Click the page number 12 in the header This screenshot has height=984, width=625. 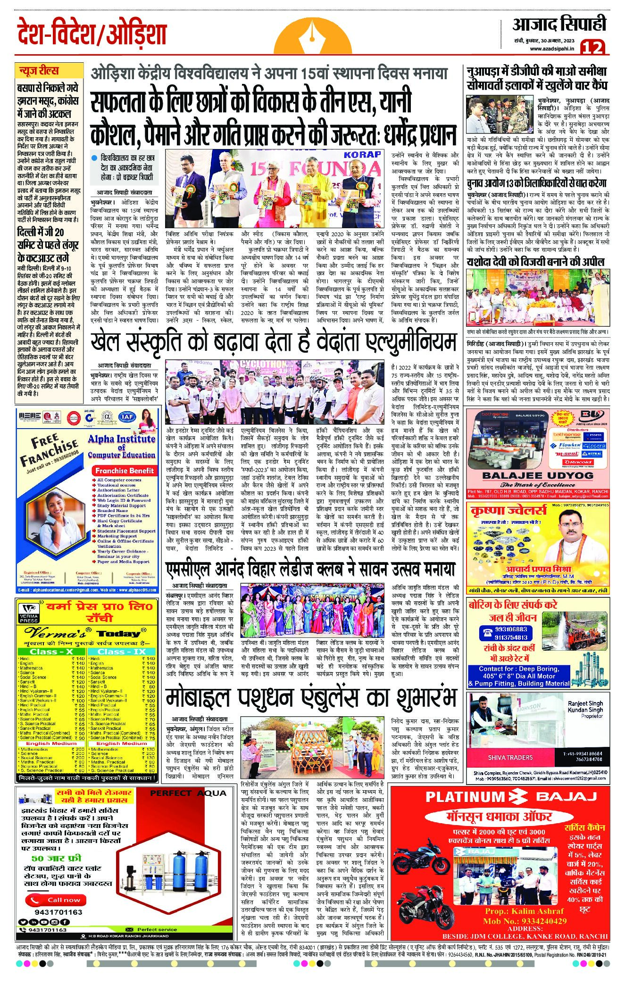pyautogui.click(x=592, y=47)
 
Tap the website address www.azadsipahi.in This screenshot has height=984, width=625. pyautogui.click(x=552, y=49)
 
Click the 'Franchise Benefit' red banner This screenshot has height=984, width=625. pyautogui.click(x=124, y=471)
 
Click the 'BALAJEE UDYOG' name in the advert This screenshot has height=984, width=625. pyautogui.click(x=538, y=475)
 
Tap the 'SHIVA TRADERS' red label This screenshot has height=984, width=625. pyautogui.click(x=510, y=757)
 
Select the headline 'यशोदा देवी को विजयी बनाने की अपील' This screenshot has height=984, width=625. pyautogui.click(x=535, y=262)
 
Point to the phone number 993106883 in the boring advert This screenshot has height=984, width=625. pyautogui.click(x=504, y=629)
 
